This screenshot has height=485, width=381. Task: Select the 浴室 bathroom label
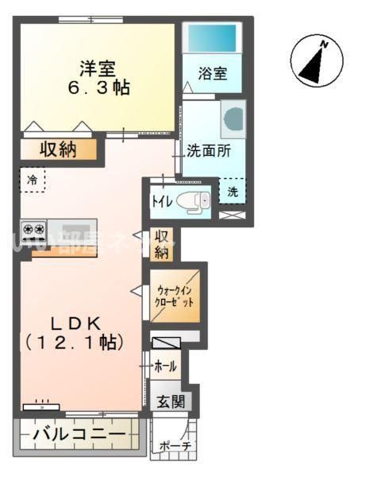[x=213, y=73]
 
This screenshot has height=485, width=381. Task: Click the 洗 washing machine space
[x=233, y=191]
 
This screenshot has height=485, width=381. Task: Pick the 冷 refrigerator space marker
[x=33, y=180]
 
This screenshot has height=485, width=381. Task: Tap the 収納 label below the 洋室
[x=58, y=149]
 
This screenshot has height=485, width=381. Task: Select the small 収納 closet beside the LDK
[x=162, y=244]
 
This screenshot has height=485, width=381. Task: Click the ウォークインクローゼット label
[x=175, y=297]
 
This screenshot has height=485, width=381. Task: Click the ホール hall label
[x=165, y=367]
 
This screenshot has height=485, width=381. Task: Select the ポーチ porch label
[x=175, y=447]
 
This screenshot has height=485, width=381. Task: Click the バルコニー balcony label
[x=78, y=436]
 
